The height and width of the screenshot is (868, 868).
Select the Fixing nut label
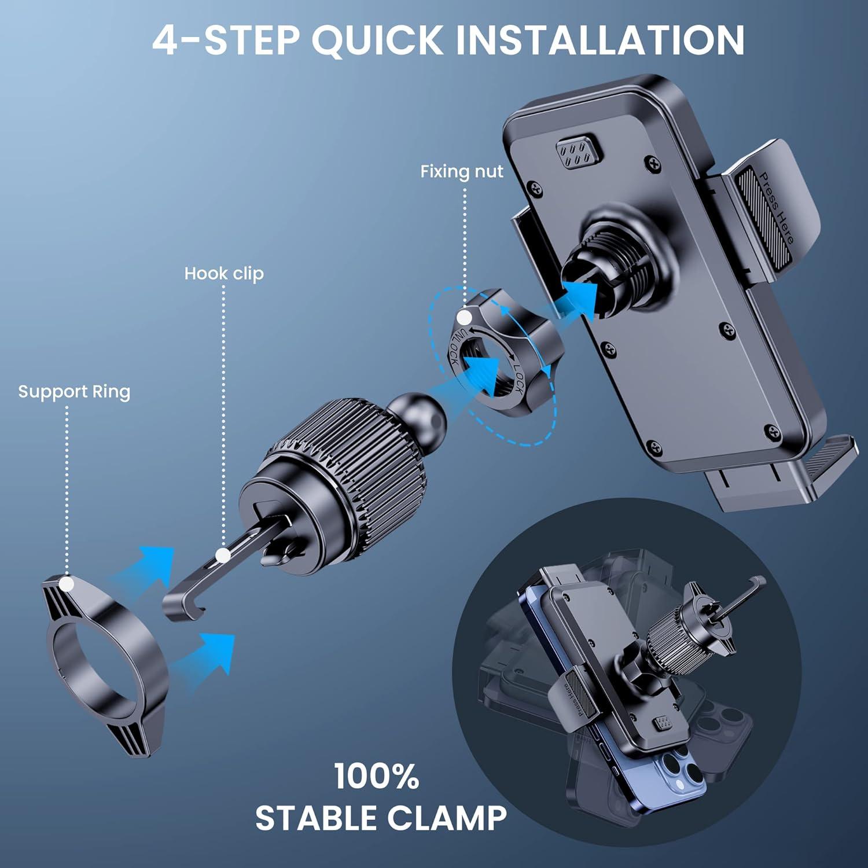point(461,171)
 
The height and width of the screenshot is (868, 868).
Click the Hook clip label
point(223,273)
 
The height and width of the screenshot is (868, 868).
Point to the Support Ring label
point(74,392)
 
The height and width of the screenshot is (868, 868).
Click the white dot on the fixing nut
point(464,318)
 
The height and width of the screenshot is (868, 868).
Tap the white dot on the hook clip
point(223,556)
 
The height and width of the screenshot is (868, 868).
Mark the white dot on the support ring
point(67,584)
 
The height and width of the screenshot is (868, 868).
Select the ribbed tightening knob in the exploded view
point(347,463)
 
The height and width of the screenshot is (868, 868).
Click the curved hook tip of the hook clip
point(182,608)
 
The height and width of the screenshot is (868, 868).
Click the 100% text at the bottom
point(376,777)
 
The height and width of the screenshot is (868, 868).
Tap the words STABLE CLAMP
point(381,818)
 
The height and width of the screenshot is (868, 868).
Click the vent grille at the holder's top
point(579,153)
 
